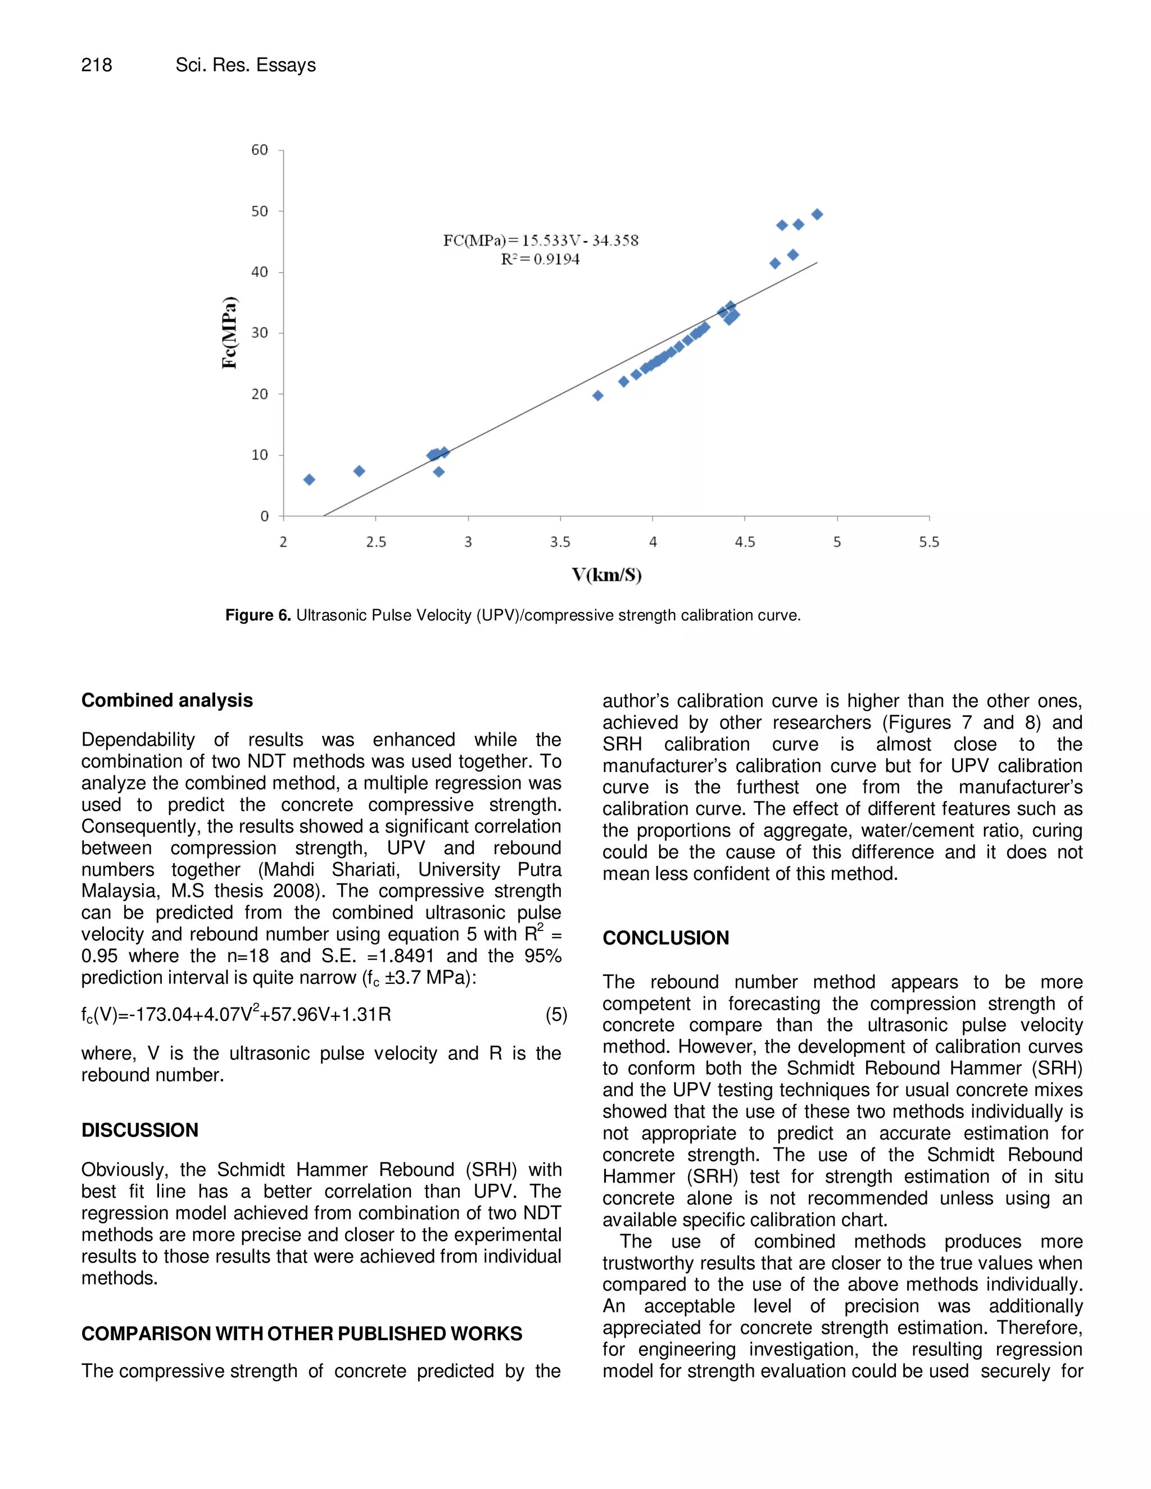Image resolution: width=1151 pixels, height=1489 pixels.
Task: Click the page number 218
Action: pos(96,65)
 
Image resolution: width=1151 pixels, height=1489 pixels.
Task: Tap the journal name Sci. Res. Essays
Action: pos(246,65)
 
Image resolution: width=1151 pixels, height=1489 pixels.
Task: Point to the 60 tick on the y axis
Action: pos(260,150)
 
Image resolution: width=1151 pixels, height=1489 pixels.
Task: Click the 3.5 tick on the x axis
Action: pos(560,542)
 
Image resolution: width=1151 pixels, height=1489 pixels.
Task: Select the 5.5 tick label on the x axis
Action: pos(928,542)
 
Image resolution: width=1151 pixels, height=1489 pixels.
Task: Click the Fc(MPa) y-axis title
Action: pos(230,333)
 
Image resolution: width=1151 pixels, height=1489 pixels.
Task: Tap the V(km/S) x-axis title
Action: pos(606,575)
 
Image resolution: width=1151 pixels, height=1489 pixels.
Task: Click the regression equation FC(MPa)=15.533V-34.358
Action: pos(541,240)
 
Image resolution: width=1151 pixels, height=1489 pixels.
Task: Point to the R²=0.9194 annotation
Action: pos(540,259)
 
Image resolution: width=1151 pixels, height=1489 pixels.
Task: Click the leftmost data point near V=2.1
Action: pos(309,480)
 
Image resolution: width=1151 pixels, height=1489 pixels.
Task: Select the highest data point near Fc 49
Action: pos(817,215)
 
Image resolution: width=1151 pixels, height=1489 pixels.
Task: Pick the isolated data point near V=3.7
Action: pos(598,396)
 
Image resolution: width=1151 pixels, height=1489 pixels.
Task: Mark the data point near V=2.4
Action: pos(359,471)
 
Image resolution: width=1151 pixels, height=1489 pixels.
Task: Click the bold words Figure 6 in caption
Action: pos(258,616)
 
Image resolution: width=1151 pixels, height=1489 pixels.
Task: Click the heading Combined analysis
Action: pos(167,700)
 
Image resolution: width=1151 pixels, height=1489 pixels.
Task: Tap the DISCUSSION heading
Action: pos(140,1131)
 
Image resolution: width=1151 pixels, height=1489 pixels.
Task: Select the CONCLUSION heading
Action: pos(665,938)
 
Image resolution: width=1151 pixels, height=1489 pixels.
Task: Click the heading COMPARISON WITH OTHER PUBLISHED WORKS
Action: pos(301,1333)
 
